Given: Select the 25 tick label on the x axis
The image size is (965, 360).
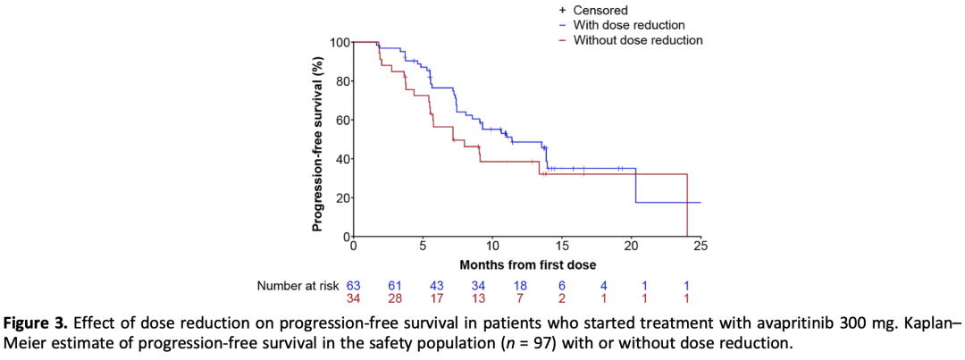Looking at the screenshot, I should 701,246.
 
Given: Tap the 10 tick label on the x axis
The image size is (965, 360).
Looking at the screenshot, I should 492,246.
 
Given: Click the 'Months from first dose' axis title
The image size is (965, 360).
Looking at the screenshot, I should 527,265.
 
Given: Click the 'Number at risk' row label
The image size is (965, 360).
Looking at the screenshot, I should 298,285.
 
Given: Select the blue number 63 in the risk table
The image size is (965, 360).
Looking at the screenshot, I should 353,285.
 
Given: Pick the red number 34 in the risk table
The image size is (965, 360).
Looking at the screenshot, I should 353,298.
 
